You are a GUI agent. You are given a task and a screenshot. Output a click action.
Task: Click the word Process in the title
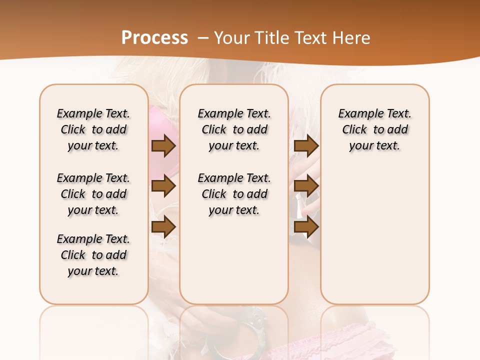coord(154,38)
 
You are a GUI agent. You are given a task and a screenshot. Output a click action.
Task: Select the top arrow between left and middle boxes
coord(163,146)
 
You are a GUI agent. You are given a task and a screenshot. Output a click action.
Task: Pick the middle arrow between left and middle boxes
coord(163,186)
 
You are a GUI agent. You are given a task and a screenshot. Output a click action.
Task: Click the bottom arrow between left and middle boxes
coord(163,227)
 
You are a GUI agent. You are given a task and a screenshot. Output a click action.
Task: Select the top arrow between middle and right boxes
coord(306,146)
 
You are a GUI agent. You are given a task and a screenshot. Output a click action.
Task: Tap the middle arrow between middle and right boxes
coord(306,186)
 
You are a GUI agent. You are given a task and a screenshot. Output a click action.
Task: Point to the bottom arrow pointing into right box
coord(306,227)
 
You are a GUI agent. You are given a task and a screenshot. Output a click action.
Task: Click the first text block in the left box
coord(93,129)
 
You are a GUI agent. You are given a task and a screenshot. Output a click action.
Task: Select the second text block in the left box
coord(93,194)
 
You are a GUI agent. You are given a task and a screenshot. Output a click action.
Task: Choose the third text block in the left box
coord(93,255)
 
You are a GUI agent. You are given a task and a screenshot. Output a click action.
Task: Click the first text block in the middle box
coord(234,129)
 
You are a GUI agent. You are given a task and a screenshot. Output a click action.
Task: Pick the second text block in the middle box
coord(234,194)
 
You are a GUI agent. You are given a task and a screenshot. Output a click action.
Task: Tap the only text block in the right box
coord(375,129)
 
